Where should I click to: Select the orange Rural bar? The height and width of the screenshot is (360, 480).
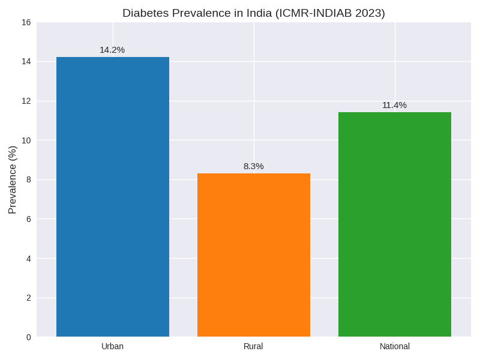(254, 255)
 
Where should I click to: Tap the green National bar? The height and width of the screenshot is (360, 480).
(395, 224)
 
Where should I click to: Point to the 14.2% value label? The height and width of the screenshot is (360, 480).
(112, 50)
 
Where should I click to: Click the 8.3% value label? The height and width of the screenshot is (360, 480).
(253, 166)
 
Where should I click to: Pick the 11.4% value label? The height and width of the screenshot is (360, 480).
(394, 105)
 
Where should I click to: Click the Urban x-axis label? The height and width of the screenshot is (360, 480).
(112, 346)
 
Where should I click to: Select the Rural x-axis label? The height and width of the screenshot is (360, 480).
(253, 346)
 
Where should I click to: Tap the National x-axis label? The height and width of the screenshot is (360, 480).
(395, 346)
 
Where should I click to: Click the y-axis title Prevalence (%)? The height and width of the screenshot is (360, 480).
(13, 179)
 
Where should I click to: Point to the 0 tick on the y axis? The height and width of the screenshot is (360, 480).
(28, 337)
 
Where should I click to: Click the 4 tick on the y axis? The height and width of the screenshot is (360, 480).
(28, 259)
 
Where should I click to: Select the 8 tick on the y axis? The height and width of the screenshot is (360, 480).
(28, 179)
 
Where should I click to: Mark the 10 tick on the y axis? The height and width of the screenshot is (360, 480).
(26, 140)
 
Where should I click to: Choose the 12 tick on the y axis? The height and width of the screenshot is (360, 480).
(26, 101)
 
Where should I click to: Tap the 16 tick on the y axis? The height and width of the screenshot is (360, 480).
(26, 22)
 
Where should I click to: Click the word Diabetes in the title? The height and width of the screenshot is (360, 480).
(145, 13)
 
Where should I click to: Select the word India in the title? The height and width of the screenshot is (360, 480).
(257, 13)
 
